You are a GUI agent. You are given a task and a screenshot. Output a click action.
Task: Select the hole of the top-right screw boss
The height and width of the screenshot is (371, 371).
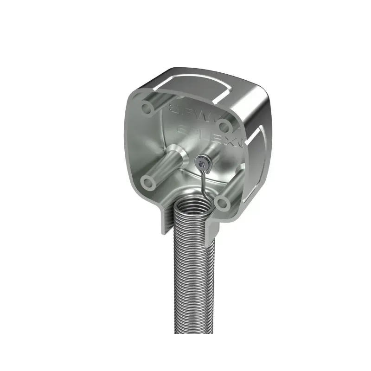pyautogui.click(x=224, y=125)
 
